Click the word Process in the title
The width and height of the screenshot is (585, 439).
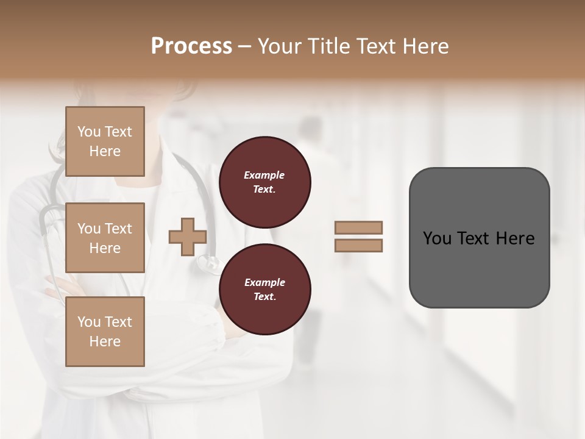click(x=191, y=46)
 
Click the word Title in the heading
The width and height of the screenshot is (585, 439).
click(x=328, y=46)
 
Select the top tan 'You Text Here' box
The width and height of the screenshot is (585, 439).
click(x=105, y=141)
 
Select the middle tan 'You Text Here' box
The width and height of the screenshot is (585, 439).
click(x=105, y=238)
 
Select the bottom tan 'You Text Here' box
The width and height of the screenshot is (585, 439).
click(x=105, y=331)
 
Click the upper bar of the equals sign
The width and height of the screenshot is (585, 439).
click(x=358, y=227)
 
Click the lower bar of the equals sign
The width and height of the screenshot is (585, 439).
click(x=358, y=246)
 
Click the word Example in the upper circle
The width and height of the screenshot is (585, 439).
click(x=264, y=175)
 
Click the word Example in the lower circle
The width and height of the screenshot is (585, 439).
click(x=264, y=282)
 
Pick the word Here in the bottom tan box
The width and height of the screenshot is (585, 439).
click(x=105, y=341)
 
